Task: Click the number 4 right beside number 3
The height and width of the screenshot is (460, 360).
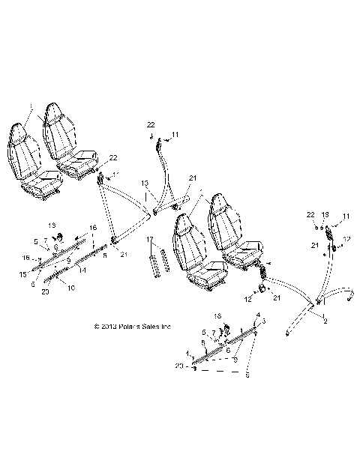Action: tap(258, 314)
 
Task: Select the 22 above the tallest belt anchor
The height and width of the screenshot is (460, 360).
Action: tap(151, 124)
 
